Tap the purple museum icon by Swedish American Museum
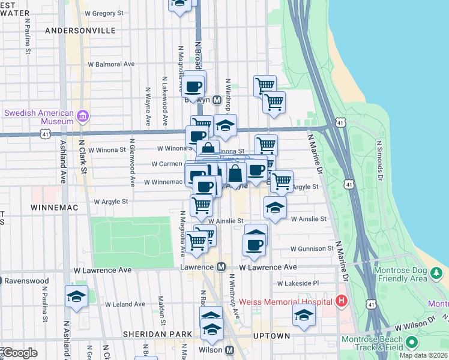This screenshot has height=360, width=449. coord(83,115)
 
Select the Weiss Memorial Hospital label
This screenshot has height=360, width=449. coord(286,301)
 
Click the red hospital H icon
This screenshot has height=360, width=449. coord(342,301)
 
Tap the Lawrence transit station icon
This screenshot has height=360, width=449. coord(221,267)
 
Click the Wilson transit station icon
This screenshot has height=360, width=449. coord(229,349)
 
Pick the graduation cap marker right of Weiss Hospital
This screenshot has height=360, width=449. coord(304,315)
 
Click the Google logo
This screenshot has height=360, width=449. coord(20,353)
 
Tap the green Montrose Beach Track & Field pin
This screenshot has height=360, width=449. coord(411,343)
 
